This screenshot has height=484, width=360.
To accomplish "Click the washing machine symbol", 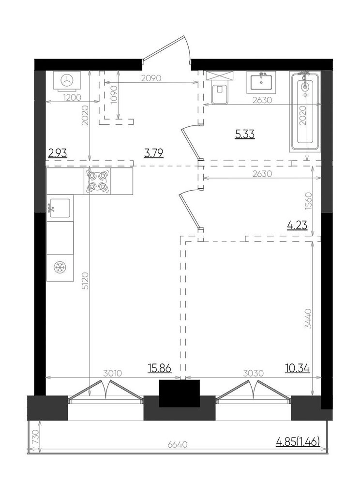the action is tap(67, 80).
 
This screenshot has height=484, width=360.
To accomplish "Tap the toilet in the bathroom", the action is tap(220, 90).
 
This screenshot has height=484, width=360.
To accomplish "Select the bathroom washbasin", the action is tap(261, 82).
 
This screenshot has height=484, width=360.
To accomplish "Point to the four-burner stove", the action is tap(97, 181).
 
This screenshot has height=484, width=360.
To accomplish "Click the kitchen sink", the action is tap(60, 208).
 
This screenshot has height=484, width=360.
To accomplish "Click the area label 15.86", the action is tap(159, 368).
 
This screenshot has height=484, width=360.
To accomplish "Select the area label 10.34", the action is tap(298, 368).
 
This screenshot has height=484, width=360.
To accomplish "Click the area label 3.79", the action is tap(153, 153).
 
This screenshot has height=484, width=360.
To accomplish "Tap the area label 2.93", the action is tap(58, 153).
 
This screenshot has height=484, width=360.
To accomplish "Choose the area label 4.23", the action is tap(297, 226).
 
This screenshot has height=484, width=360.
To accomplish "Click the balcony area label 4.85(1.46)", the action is tap(298, 442).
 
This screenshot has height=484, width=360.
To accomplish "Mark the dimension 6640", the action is tap(178, 445).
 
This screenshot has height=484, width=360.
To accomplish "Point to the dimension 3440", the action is tap(309, 318).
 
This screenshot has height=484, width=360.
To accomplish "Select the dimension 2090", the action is tap(151, 78).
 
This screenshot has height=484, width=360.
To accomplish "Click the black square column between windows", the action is tap(179, 393).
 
